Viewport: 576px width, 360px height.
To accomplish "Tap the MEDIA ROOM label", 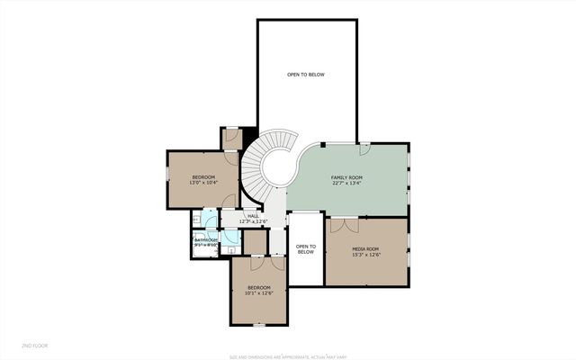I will [x=364, y=248].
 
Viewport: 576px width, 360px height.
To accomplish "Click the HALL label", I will [x=253, y=216].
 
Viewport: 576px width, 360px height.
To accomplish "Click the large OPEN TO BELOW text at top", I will [x=305, y=75].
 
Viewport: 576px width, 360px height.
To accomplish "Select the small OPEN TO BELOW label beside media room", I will [x=305, y=249].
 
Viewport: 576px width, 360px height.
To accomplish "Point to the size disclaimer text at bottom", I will [x=287, y=354].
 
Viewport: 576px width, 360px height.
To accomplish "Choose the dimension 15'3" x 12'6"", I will [x=364, y=254].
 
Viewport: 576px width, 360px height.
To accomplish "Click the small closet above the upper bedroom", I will [x=231, y=139].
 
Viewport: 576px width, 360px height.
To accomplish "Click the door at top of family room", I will [x=365, y=145].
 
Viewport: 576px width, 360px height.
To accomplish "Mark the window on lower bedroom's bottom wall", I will [x=258, y=322].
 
